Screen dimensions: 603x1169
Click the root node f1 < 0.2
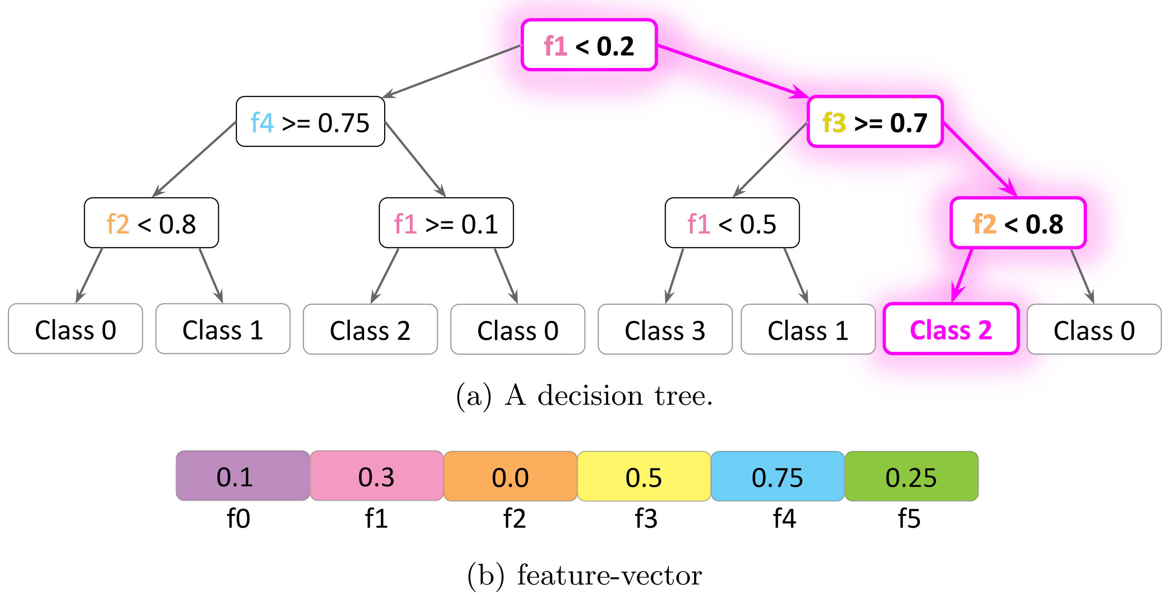click(589, 45)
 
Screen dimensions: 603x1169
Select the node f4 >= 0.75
click(310, 122)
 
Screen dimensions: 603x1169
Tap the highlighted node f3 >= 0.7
click(875, 122)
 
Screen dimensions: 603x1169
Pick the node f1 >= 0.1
click(446, 223)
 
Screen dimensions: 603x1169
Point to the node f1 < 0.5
click(732, 223)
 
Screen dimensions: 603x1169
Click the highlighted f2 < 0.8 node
click(1018, 223)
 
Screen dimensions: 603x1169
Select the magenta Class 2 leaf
click(951, 329)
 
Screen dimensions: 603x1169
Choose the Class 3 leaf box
click(665, 330)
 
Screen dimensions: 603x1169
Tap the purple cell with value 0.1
click(242, 476)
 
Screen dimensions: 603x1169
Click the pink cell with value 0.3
click(377, 476)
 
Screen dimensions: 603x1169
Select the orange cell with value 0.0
click(510, 477)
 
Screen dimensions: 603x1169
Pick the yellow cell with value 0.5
click(644, 477)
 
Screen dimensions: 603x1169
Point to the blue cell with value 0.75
click(777, 477)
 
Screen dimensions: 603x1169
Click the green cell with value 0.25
click(911, 477)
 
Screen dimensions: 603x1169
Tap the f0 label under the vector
click(238, 518)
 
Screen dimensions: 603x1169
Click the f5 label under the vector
click(909, 518)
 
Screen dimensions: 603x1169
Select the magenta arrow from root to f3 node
click(732, 71)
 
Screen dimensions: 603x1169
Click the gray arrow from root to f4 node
click(452, 72)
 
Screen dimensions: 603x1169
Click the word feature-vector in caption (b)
click(609, 575)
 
